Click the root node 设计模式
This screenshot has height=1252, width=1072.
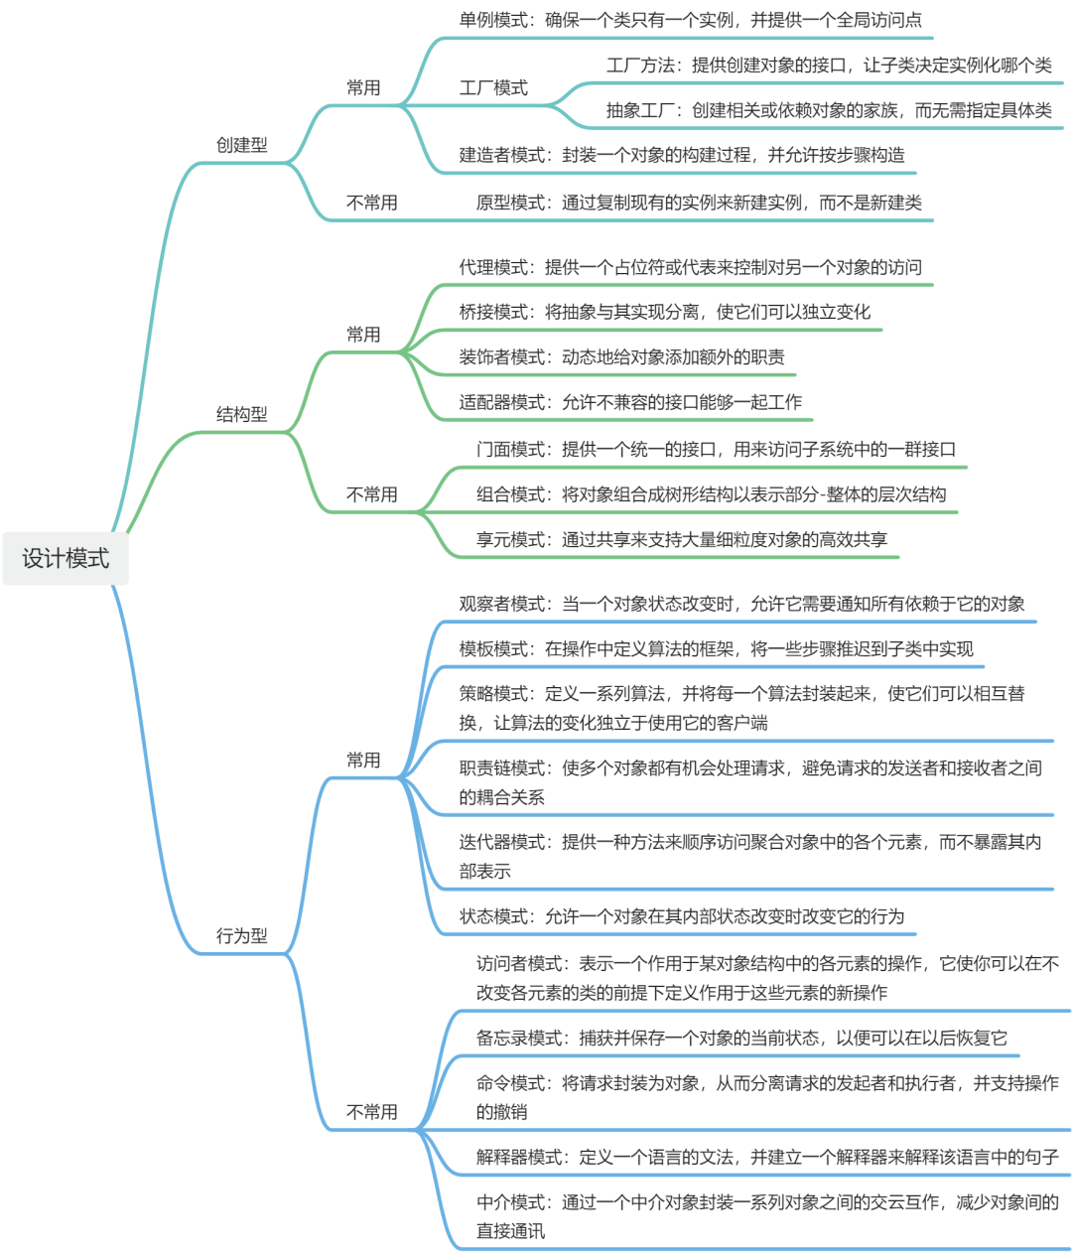[x=66, y=559]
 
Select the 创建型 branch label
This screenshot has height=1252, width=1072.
[x=242, y=145]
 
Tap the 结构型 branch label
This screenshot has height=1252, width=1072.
[x=242, y=414]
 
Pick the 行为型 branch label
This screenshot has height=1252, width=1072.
[x=242, y=935]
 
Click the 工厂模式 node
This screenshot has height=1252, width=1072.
[x=493, y=87]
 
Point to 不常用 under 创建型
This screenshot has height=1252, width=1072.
[x=371, y=203]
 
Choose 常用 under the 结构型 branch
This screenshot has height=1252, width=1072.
[x=363, y=335]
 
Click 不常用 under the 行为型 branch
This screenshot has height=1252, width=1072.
[x=371, y=1112]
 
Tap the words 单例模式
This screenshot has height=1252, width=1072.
[x=493, y=20]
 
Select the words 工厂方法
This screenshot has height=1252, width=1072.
[x=640, y=66]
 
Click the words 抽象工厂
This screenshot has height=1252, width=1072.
[x=640, y=110]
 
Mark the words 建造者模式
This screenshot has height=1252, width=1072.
[x=502, y=155]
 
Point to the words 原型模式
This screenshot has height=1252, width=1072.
[x=510, y=203]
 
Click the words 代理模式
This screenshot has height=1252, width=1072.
[x=493, y=267]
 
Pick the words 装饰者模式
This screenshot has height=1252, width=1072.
[x=502, y=357]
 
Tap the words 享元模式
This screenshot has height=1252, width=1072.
[x=510, y=540]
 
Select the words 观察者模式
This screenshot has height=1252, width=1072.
[x=502, y=604]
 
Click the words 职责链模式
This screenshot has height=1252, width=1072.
[x=502, y=767]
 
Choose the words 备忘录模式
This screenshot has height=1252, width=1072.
[x=519, y=1038]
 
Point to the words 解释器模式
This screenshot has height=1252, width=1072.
[x=519, y=1157]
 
